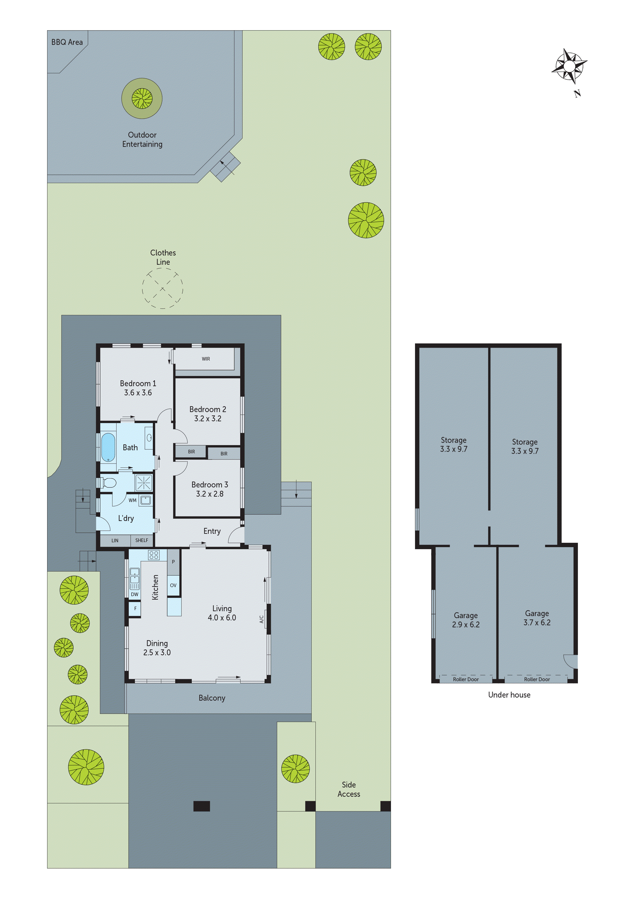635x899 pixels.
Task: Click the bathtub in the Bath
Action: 108,447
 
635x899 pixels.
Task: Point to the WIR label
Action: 206,359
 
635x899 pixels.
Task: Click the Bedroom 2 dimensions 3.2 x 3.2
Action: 208,418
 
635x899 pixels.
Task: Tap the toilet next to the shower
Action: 108,483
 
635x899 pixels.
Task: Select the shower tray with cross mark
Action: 144,483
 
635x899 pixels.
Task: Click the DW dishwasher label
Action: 135,594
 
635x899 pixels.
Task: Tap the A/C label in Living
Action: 262,619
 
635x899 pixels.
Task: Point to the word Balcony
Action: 212,698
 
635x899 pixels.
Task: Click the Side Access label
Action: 348,789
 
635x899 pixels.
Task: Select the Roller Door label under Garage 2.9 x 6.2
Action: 465,679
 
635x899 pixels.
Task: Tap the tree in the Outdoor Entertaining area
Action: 142,98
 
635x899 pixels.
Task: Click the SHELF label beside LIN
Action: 142,540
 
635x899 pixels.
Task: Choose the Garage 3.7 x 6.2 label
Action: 537,618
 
